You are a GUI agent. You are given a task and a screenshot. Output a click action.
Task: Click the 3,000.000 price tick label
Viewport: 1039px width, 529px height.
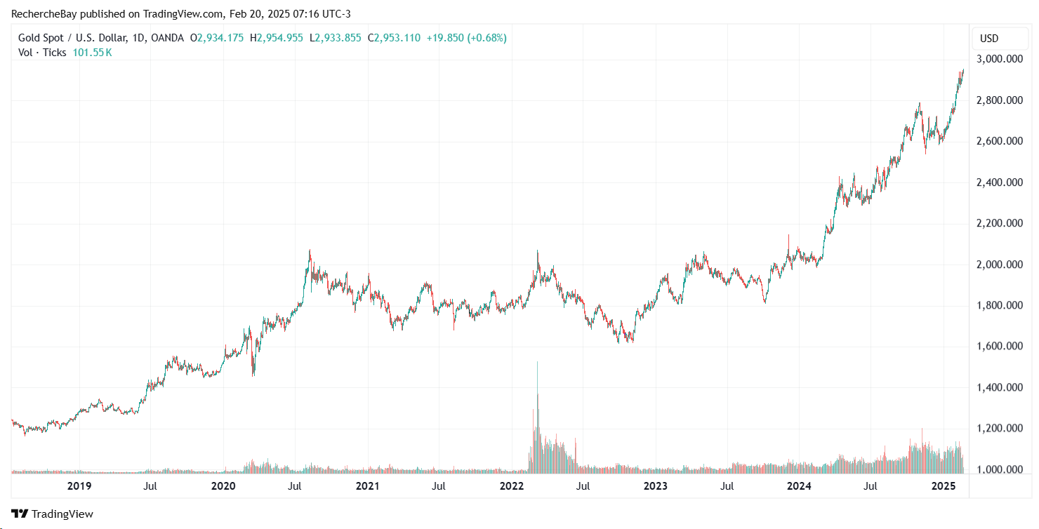pos(998,59)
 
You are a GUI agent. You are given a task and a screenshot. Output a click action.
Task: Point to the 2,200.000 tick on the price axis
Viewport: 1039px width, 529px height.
pos(998,223)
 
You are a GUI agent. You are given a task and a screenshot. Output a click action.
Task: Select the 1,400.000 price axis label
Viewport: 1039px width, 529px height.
pos(998,387)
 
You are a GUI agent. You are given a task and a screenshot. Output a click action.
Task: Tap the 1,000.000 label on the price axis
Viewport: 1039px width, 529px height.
pos(998,469)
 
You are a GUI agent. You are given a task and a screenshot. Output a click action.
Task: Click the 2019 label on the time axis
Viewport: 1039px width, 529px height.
pos(78,486)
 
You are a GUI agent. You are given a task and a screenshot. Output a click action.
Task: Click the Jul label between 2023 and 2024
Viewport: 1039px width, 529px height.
pos(728,486)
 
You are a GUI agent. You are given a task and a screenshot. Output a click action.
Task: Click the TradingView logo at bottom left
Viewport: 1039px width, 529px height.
pos(53,514)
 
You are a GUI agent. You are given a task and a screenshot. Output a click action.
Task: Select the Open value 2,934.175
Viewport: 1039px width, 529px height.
pos(220,38)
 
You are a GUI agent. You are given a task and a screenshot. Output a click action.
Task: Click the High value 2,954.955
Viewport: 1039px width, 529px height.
pos(280,38)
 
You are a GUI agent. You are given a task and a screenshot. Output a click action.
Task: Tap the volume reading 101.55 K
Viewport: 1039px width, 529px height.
pos(92,53)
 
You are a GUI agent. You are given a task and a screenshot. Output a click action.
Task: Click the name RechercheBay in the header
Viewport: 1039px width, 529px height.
pos(44,13)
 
